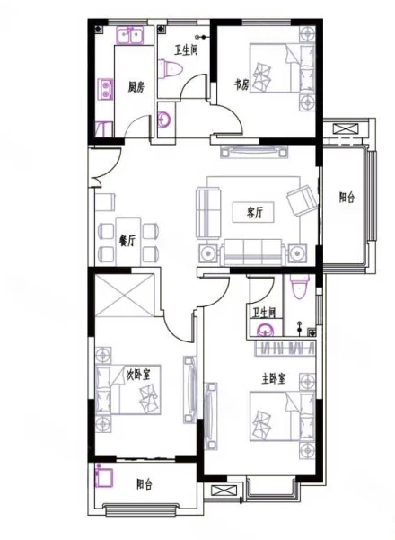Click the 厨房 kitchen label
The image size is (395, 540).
pyautogui.click(x=136, y=87)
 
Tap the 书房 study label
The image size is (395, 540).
pyautogui.click(x=241, y=84)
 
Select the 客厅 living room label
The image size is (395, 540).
pyautogui.click(x=255, y=212)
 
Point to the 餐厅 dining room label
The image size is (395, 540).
pyautogui.click(x=127, y=241)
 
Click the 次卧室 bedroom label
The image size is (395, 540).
pyautogui.click(x=138, y=374)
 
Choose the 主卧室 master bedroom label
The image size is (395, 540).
pyautogui.click(x=274, y=379)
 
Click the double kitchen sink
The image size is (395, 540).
pyautogui.click(x=130, y=35)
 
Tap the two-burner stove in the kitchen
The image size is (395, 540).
pyautogui.click(x=105, y=89)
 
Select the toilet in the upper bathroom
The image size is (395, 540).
pyautogui.click(x=170, y=69)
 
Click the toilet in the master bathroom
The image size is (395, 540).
pyautogui.click(x=299, y=286)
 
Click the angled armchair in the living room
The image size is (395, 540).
pyautogui.click(x=303, y=200)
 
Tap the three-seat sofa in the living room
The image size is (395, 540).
pyautogui.click(x=253, y=252)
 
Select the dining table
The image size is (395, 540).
pyautogui.click(x=128, y=241)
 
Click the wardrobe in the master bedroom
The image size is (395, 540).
pyautogui.click(x=285, y=349)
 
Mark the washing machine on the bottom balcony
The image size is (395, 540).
pyautogui.click(x=105, y=476)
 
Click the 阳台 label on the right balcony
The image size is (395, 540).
pyautogui.click(x=347, y=198)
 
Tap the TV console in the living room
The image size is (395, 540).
pyautogui.click(x=254, y=151)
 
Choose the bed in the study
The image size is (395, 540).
pyautogui.click(x=282, y=68)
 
